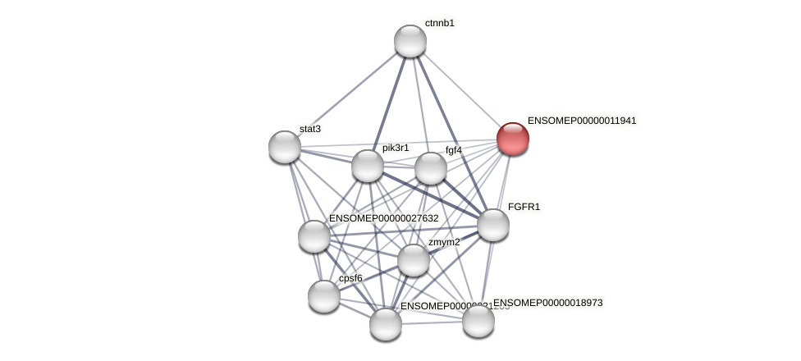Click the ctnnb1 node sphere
click(x=410, y=41)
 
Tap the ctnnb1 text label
click(x=439, y=23)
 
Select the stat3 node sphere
click(x=285, y=147)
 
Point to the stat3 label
click(x=309, y=129)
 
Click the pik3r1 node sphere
click(x=368, y=166)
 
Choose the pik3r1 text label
click(x=395, y=148)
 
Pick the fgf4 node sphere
click(x=431, y=168)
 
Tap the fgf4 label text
click(x=453, y=150)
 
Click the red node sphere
click(x=513, y=139)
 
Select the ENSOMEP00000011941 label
click(x=581, y=121)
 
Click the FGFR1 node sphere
click(x=493, y=225)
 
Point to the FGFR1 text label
click(x=524, y=207)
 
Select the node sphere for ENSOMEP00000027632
click(x=314, y=236)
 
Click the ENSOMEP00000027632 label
click(x=383, y=218)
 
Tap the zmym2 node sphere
click(x=414, y=260)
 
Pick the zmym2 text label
click(x=444, y=242)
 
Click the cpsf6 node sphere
click(x=324, y=296)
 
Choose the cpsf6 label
click(x=350, y=278)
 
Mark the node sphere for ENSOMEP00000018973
click(x=478, y=320)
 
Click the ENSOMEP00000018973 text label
click(x=547, y=303)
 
